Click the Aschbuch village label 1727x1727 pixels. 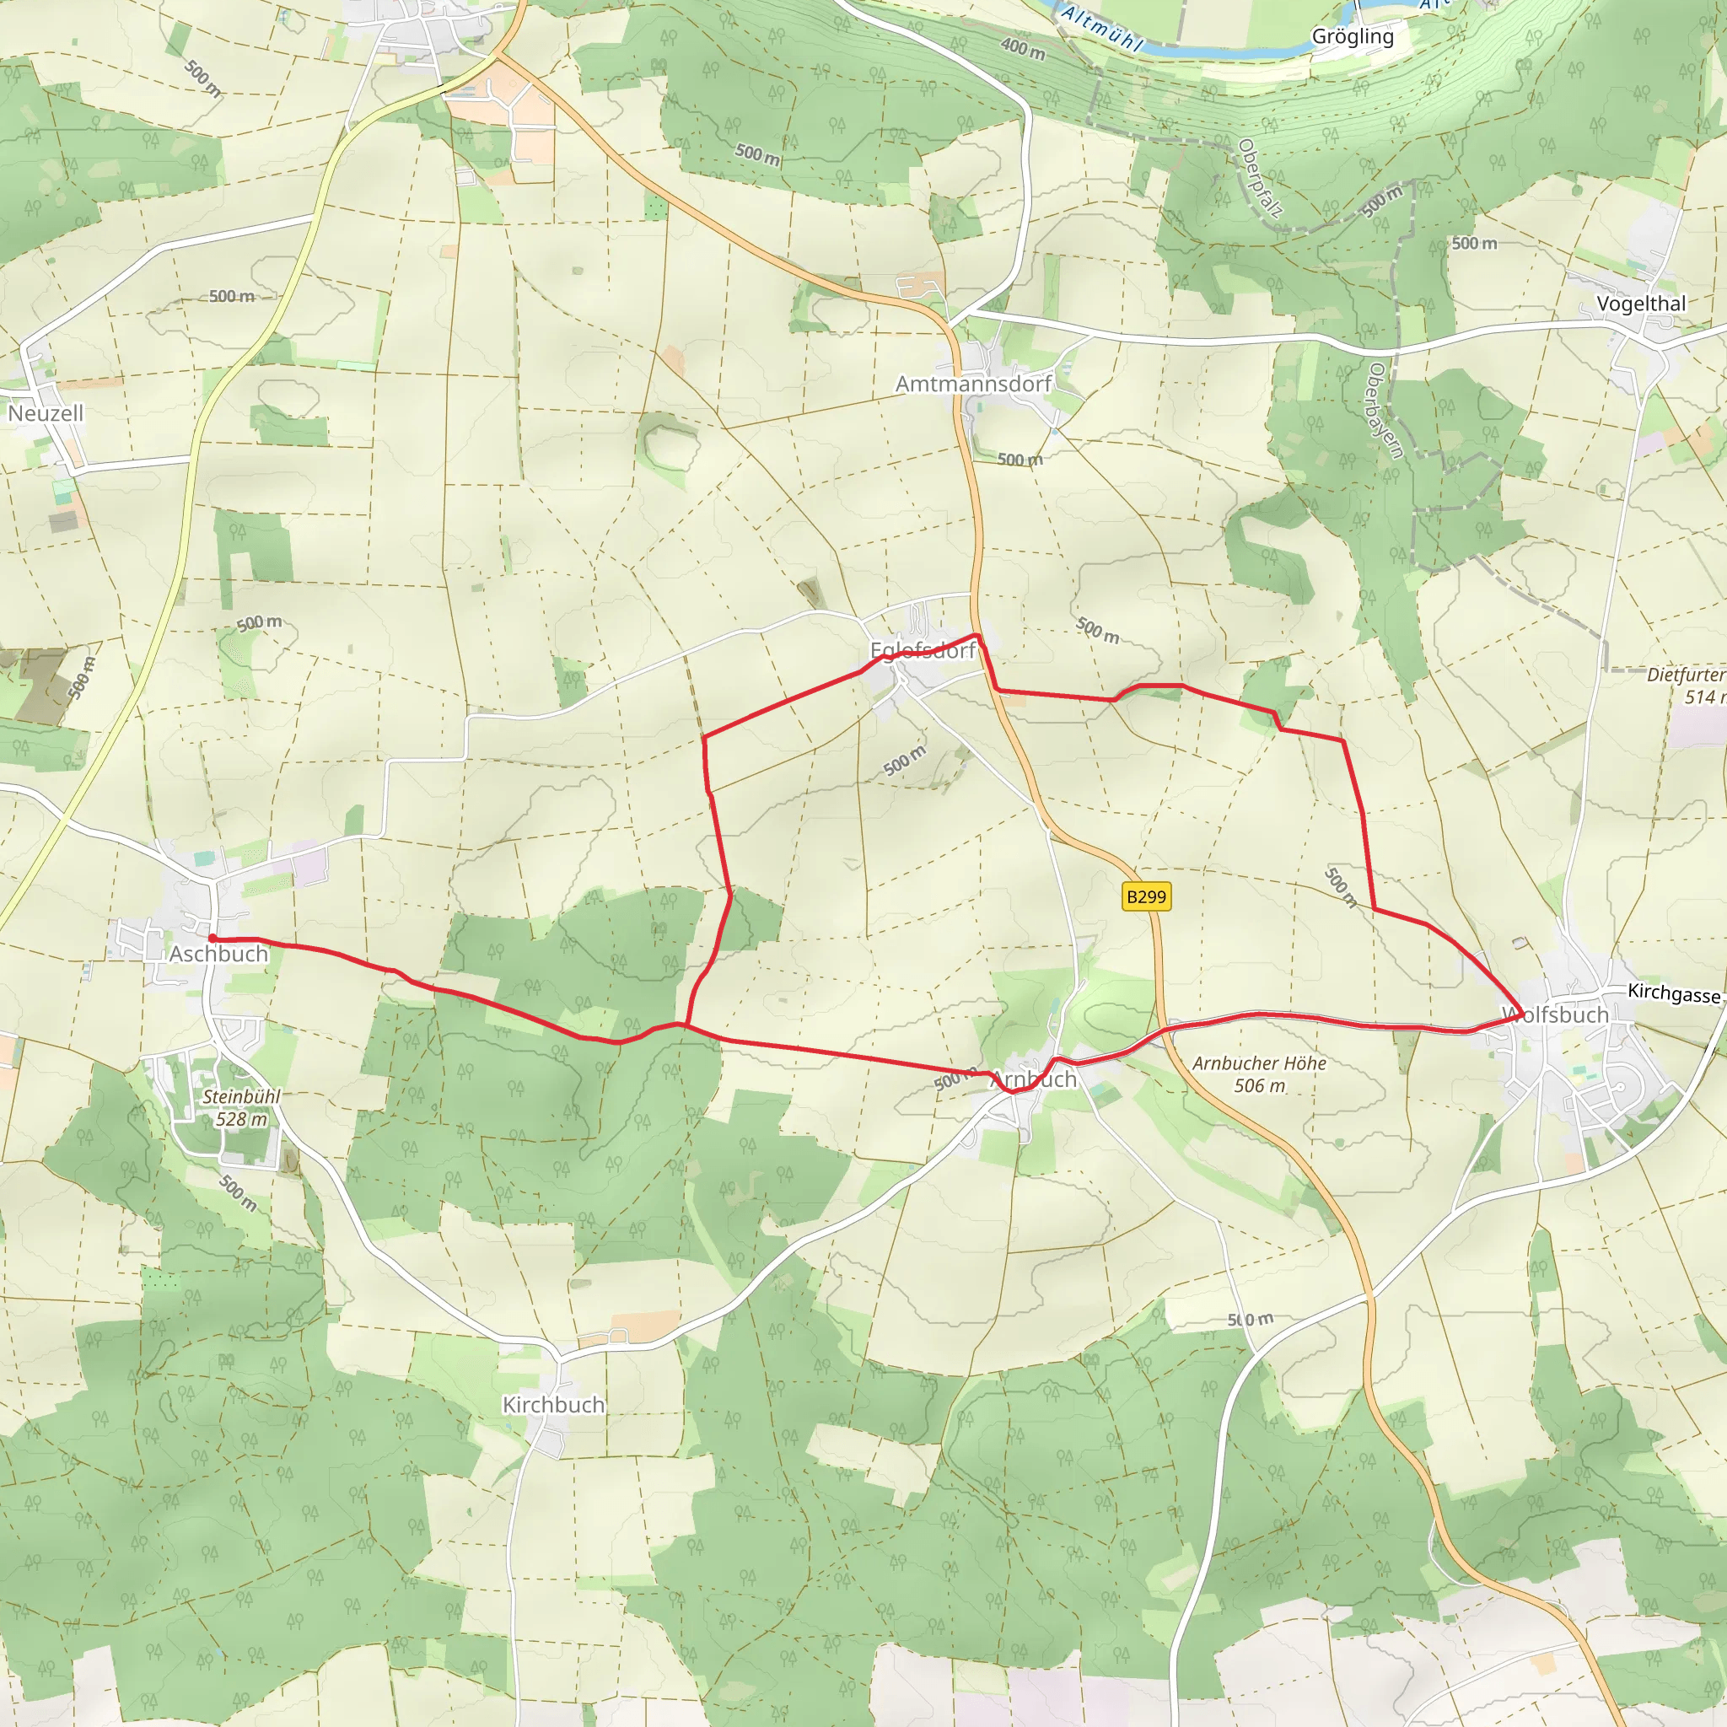coord(219,954)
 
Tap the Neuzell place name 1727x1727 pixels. coord(46,413)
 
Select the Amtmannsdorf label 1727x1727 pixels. coord(973,384)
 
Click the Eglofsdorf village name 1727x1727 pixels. coord(923,651)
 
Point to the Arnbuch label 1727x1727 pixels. coord(1033,1079)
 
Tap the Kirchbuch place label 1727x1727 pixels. coord(553,1404)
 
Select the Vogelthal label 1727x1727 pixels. coord(1641,303)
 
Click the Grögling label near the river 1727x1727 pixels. coord(1353,36)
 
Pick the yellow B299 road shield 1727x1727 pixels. coord(1146,896)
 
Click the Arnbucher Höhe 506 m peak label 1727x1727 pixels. coord(1259,1074)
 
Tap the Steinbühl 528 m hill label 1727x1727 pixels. coord(241,1107)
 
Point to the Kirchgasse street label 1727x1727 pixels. coord(1673,993)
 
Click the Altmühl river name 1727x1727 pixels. coord(1101,29)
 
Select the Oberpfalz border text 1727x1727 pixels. coord(1261,178)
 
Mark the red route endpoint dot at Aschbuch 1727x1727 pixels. coord(213,938)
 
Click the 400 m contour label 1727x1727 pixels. coord(1023,48)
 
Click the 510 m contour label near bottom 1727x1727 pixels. coord(1250,1320)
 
